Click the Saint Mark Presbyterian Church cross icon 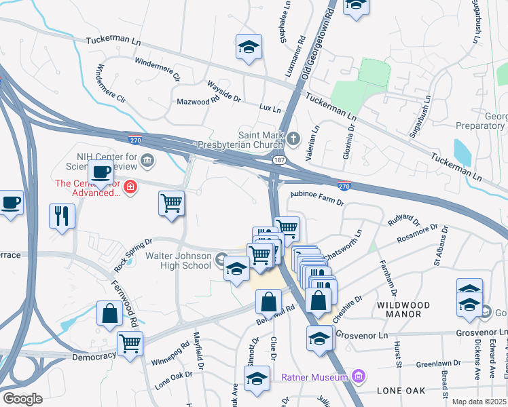[293, 139]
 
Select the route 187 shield [278, 160]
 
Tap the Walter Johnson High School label [178, 260]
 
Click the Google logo [22, 399]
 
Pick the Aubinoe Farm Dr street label [317, 198]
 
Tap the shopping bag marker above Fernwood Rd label [109, 313]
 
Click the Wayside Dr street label [223, 92]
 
